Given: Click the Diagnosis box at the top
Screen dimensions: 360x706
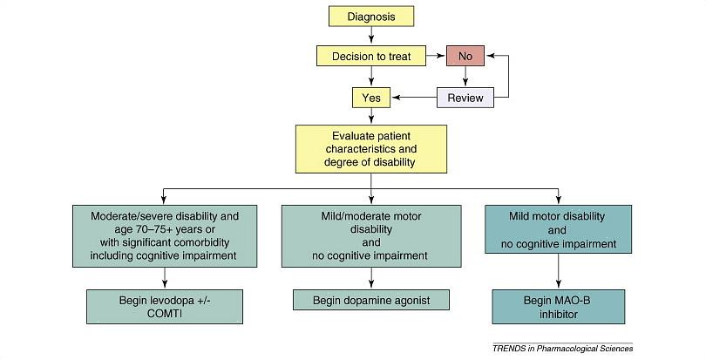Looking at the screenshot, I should (x=372, y=16).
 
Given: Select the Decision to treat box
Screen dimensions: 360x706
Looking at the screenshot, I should (x=372, y=57).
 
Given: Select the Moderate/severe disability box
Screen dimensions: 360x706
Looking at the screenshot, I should (x=165, y=235).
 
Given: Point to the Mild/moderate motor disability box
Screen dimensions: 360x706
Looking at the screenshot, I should (x=372, y=235).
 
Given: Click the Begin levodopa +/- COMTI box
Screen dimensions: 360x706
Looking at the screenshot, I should (x=165, y=307).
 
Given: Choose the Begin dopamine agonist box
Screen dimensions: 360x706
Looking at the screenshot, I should (x=372, y=301).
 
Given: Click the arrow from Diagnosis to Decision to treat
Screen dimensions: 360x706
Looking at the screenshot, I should (x=372, y=36).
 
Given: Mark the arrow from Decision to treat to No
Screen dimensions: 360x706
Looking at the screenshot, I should (x=436, y=57).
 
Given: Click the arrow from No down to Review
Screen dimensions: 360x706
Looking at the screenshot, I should (x=465, y=77).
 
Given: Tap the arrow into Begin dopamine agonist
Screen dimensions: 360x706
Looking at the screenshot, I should (x=372, y=279).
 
